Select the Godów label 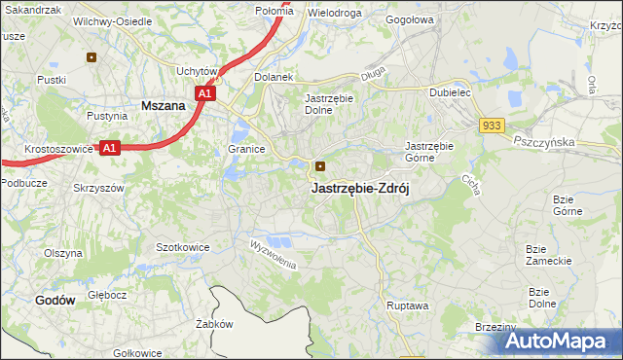pos(55,301)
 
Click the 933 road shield pos(491,126)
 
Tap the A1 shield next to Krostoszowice pos(110,148)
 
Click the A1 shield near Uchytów pos(204,94)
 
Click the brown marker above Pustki pos(92,56)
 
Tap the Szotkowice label pos(183,247)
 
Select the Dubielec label pos(450,93)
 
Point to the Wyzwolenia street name pos(272,255)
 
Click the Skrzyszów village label pos(99,187)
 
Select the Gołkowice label pos(137,352)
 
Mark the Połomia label pos(274,10)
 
